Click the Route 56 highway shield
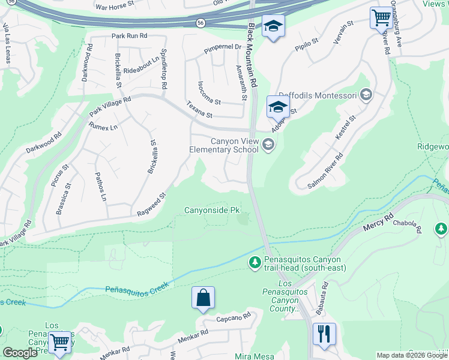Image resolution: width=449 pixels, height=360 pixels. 199,23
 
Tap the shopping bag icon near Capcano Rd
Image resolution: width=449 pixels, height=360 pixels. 203,298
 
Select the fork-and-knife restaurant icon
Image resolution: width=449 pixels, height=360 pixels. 325,334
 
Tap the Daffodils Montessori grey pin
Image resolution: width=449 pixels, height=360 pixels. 366,95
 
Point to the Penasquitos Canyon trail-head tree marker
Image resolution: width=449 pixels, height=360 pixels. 255,262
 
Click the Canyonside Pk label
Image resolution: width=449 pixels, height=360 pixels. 212,210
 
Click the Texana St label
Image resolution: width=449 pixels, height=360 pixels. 199,109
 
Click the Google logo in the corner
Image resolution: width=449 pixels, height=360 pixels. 20,353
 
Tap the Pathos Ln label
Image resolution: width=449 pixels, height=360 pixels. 101,187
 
